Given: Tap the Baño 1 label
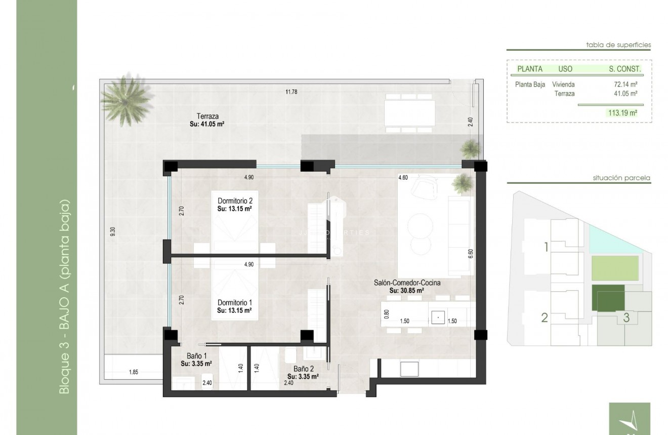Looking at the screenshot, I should [196, 356].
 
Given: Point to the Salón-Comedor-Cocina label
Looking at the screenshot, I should [406, 283].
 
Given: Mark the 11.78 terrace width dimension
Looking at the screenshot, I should [290, 92].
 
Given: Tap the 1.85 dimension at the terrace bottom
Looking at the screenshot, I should [134, 373].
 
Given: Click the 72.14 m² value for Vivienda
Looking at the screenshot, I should [625, 85].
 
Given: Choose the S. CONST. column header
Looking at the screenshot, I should [625, 69].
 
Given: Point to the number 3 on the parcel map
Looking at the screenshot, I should [626, 319].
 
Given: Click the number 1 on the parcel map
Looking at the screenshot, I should [546, 248].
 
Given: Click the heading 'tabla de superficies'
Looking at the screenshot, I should [618, 45].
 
